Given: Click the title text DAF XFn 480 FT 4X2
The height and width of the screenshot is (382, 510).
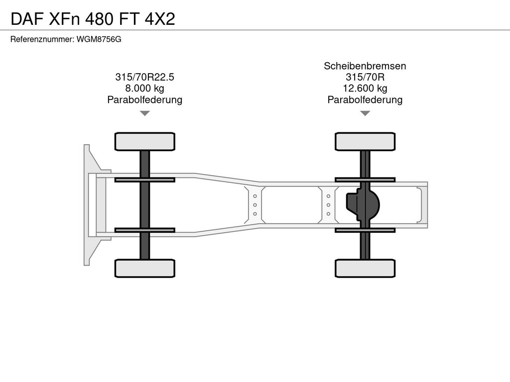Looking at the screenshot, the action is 93,19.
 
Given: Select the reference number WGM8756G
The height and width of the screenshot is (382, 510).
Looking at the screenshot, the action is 99,39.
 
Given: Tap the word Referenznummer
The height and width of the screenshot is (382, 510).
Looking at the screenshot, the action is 41,39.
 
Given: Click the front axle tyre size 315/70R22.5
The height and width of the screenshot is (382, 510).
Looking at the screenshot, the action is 145,77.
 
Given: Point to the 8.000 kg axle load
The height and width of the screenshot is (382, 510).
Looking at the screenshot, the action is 145,89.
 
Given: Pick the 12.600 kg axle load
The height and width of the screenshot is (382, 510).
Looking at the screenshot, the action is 365,89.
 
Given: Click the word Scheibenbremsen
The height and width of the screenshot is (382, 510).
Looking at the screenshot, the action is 365,66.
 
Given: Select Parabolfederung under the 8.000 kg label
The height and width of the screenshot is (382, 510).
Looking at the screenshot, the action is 145,99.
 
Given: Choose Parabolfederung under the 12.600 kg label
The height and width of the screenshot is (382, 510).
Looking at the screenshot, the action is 365,99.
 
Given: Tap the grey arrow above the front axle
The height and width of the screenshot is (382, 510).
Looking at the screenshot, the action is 145,113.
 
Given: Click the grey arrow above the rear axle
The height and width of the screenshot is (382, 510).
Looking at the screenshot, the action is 365,113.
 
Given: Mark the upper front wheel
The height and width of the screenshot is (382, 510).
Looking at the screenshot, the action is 145,142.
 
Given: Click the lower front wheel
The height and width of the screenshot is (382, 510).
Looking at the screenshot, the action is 145,268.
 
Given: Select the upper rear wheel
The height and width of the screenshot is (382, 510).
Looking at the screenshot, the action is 365,142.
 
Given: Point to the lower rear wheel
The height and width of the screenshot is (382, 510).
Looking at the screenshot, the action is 365,268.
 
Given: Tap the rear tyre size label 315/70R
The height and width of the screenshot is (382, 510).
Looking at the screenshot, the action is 365,77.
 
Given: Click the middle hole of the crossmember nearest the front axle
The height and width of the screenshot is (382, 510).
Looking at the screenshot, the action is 255,205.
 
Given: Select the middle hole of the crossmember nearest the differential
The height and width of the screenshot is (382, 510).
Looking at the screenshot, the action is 329,205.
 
